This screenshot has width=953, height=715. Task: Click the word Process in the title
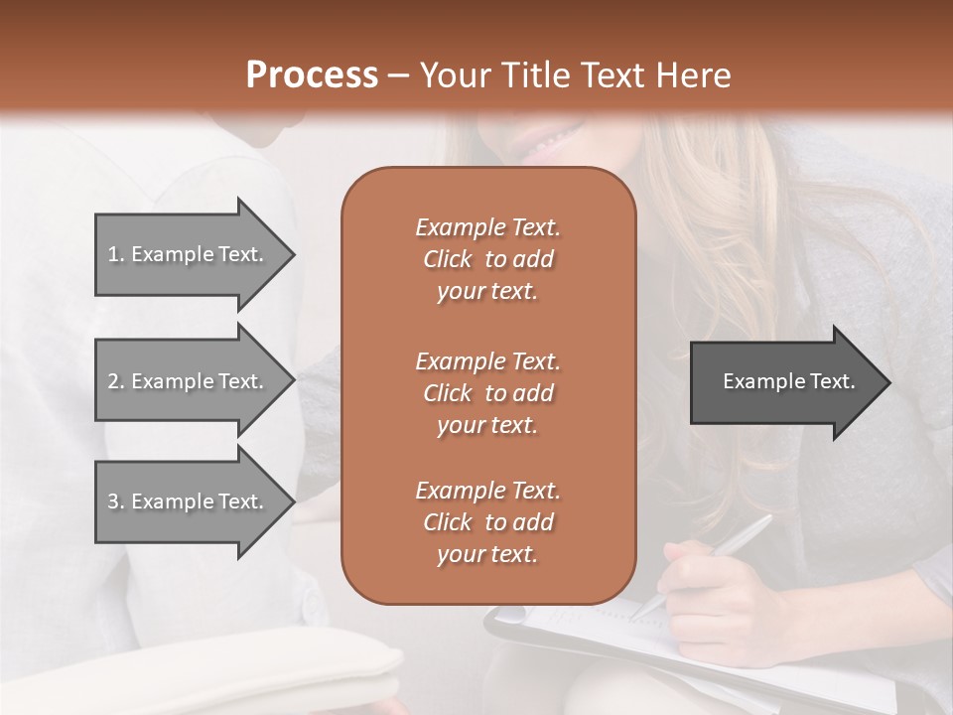click(312, 75)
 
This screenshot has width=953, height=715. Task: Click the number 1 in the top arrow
click(113, 254)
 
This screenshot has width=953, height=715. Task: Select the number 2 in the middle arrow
click(113, 381)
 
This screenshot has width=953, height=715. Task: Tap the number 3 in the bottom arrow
click(113, 501)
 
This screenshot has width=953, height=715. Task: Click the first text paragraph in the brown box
click(487, 259)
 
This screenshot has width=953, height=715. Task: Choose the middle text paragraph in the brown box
click(487, 392)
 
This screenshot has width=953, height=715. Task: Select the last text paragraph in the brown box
click(487, 522)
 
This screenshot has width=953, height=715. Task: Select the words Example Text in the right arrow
click(789, 381)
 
